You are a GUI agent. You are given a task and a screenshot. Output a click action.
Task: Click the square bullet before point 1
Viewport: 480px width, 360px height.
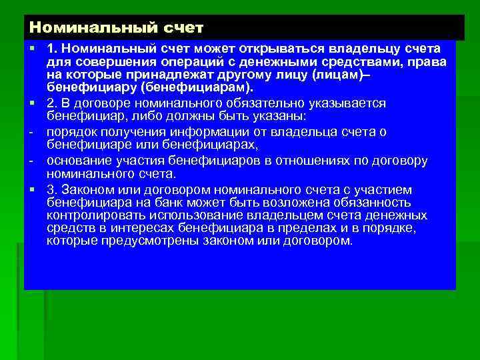coord(31,50)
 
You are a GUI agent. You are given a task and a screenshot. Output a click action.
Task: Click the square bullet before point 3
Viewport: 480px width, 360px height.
coord(31,189)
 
